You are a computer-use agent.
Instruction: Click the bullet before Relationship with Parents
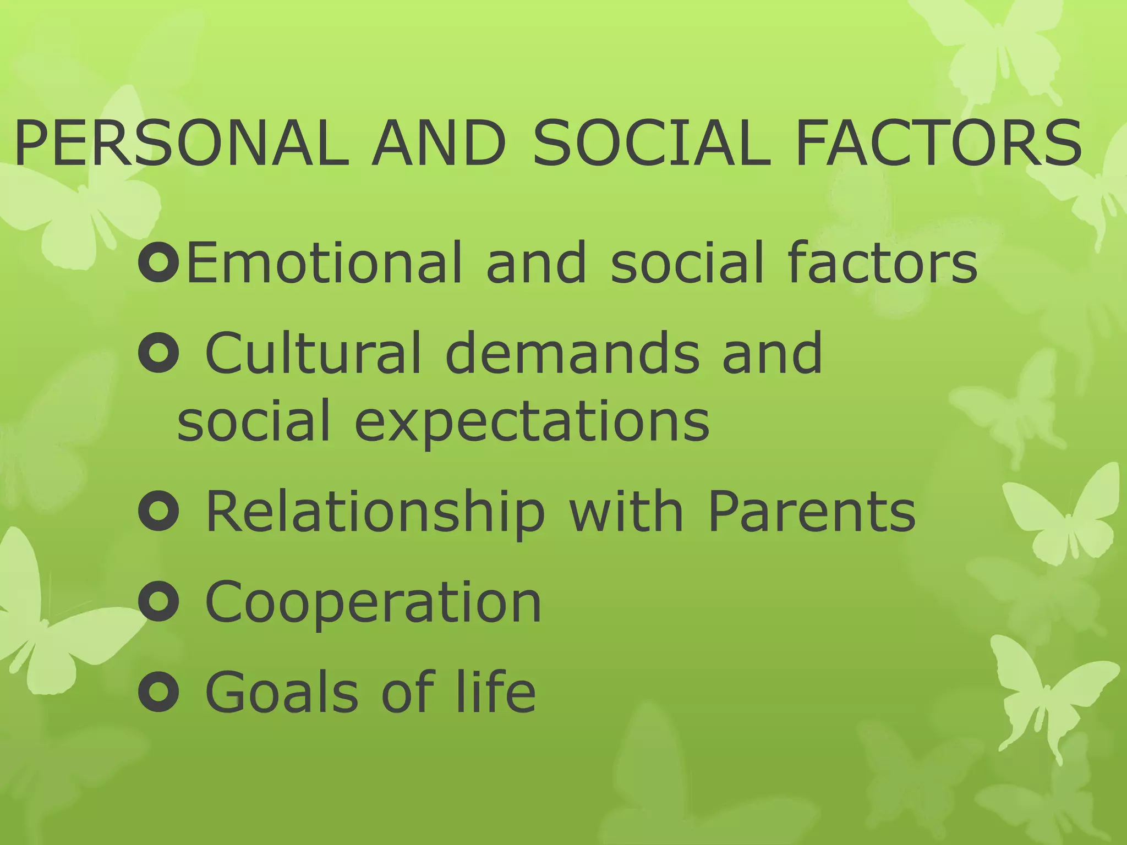point(159,512)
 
